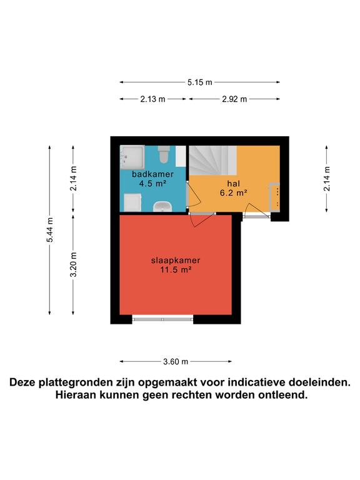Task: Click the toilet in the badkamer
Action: (x=164, y=154)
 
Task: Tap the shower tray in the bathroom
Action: (x=132, y=157)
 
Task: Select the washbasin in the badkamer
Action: (x=162, y=207)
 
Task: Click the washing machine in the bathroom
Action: (x=132, y=202)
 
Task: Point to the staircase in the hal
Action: (x=212, y=160)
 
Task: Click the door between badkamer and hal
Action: (x=194, y=196)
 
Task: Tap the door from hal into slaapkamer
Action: (x=201, y=219)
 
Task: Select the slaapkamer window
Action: (x=163, y=319)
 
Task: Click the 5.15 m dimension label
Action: (x=200, y=82)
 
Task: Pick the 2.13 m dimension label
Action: (x=152, y=99)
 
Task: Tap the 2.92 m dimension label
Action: (x=234, y=99)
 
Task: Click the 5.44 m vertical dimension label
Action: (x=49, y=229)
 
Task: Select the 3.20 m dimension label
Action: (x=73, y=264)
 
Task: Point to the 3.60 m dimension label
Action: (x=176, y=361)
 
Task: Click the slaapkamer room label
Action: (x=176, y=260)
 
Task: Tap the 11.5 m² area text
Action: (x=176, y=269)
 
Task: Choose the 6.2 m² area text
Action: (x=233, y=192)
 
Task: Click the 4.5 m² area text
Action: (x=152, y=183)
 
